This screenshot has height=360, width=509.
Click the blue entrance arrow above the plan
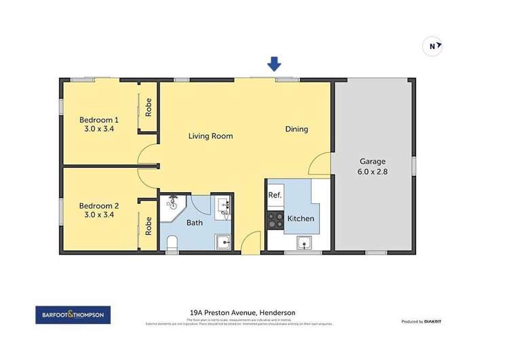274,64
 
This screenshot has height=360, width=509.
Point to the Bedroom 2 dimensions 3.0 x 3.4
99,215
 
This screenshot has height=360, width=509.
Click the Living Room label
210,136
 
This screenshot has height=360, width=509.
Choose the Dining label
297,129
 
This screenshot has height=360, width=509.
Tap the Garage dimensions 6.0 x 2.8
373,171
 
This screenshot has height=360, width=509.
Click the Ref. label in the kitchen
275,195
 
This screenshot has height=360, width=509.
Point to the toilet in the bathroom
172,243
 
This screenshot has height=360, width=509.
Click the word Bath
195,222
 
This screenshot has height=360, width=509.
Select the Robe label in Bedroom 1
148,107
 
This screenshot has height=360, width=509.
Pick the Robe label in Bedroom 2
148,226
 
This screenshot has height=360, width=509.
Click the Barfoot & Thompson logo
73,315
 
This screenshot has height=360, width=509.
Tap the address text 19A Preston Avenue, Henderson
242,312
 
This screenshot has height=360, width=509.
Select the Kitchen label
301,219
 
